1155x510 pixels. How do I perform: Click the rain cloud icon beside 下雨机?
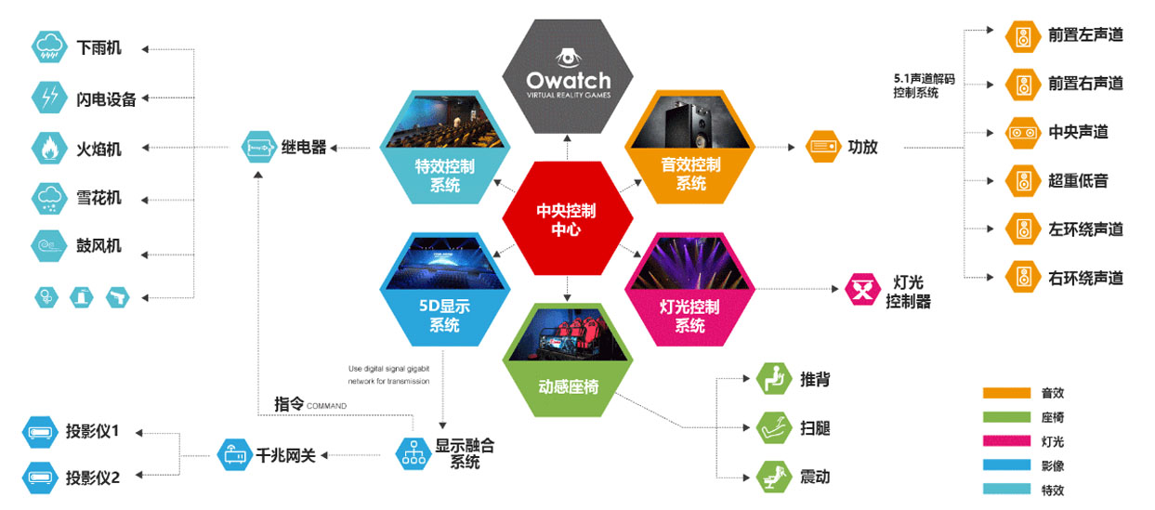point(49,47)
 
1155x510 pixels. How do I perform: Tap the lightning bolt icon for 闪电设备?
point(49,97)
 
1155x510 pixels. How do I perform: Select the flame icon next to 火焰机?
point(49,148)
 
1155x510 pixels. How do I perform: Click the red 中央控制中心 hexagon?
point(567,218)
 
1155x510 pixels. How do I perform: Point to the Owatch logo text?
point(569,81)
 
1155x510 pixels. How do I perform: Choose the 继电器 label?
point(304,147)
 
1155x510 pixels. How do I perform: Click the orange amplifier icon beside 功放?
point(823,147)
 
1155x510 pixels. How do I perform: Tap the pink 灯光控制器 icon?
point(862,289)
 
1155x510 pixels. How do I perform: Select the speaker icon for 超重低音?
point(1023,180)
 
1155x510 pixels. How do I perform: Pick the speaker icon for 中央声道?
point(1023,133)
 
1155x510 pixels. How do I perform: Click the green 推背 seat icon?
point(774,378)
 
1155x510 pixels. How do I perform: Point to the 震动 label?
point(815,477)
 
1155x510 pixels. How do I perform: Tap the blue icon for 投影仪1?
point(40,432)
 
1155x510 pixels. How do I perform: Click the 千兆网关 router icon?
point(235,454)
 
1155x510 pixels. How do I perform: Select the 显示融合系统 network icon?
point(413,453)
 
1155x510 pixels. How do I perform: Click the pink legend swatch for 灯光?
point(1006,441)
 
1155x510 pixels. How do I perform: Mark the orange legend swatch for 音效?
point(1006,393)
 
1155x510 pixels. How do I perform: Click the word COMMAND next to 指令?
point(326,406)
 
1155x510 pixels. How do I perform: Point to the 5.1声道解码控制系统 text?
point(924,85)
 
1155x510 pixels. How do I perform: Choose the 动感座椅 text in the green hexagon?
point(569,386)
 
